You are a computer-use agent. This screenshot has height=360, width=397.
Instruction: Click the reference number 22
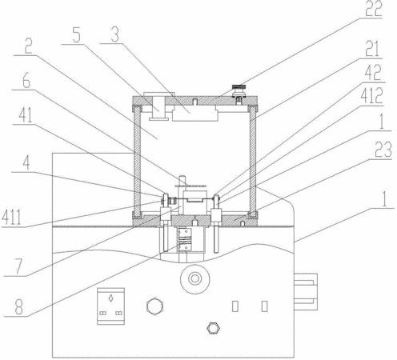374,9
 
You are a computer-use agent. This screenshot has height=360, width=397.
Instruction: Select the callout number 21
373,50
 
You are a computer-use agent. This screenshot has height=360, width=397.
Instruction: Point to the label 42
375,72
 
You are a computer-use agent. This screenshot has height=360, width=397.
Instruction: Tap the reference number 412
372,95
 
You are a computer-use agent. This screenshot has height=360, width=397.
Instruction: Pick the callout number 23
383,150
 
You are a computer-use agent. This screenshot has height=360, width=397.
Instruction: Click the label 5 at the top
77,35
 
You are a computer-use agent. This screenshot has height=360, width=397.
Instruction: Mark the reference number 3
115,34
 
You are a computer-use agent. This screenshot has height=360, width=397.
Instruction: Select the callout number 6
26,81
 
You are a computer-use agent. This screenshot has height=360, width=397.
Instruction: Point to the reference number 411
11,218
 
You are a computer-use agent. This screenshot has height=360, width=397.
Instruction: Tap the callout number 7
18,266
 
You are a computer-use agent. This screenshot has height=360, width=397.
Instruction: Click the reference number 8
18,306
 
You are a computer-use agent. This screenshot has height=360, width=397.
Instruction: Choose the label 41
26,115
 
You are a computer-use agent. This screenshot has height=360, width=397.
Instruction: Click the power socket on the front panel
110,306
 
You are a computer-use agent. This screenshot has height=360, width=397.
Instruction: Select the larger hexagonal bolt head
155,307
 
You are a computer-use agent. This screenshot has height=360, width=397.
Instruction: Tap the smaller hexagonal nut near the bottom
213,328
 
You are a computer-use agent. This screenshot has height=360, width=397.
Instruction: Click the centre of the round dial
194,279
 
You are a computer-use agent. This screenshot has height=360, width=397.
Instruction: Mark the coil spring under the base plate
185,241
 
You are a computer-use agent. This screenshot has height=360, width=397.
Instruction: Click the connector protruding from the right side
306,292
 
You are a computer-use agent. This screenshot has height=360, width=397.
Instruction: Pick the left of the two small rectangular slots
235,306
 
